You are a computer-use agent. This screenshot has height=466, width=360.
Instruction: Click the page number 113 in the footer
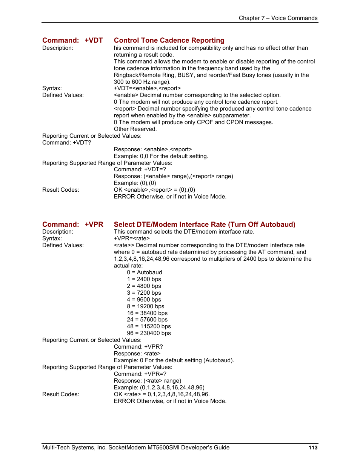tap(313, 448)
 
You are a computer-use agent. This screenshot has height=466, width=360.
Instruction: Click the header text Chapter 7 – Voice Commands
tap(278, 18)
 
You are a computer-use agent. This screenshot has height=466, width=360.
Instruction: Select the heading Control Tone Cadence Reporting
tap(169, 40)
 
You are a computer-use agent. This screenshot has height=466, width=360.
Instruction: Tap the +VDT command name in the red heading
tap(94, 40)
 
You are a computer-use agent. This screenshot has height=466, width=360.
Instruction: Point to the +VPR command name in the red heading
tap(94, 225)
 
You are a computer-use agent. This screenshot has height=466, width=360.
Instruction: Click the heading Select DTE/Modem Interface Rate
tap(204, 225)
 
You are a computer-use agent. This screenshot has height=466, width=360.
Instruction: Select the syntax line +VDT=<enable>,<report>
tap(147, 88)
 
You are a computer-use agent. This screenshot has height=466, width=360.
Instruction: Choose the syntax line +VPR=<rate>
tap(132, 238)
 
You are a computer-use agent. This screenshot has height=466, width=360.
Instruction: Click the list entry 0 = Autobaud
tap(145, 272)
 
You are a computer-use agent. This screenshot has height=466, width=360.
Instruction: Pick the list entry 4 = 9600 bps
tap(144, 300)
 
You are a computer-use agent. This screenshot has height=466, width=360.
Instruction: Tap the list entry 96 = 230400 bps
tap(149, 333)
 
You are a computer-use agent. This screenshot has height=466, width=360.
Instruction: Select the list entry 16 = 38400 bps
tap(147, 313)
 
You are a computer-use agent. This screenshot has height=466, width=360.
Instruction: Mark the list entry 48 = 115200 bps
tap(149, 326)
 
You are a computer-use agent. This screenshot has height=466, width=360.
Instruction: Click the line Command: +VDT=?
tap(140, 169)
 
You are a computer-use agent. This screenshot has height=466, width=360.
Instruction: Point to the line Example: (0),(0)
tap(135, 183)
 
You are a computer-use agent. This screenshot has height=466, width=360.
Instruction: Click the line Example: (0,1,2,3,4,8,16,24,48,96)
tap(159, 388)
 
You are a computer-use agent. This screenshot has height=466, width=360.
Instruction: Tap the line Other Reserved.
tap(135, 129)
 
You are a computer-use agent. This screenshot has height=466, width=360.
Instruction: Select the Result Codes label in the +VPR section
tap(61, 394)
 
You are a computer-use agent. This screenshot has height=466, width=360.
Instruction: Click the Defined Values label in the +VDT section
tap(63, 95)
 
